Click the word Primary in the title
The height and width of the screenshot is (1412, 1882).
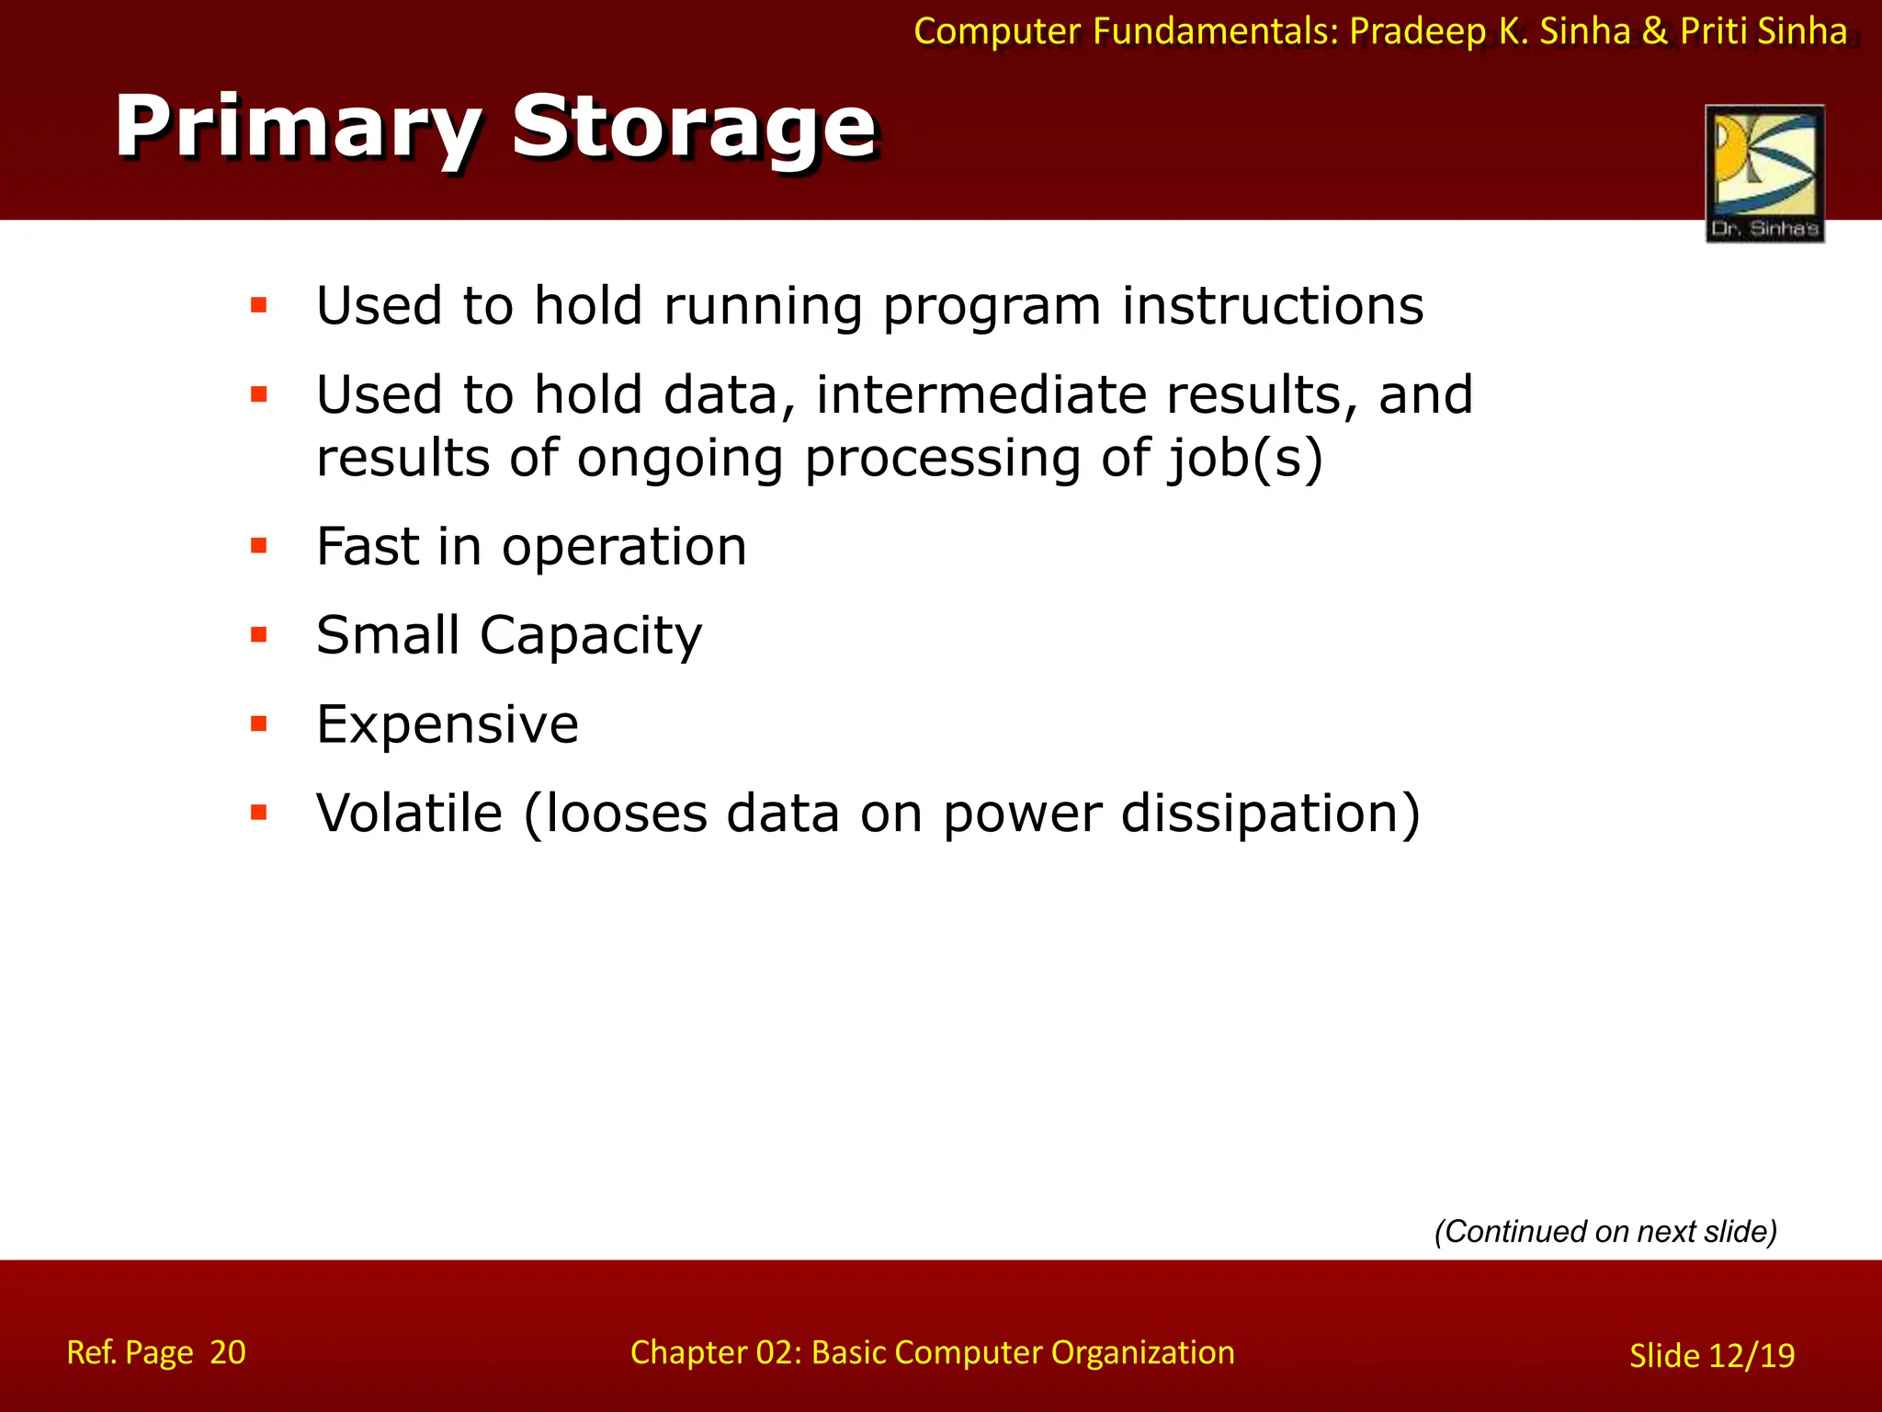296,129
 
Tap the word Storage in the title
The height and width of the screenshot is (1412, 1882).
694,129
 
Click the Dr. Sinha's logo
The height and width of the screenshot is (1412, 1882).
1764,174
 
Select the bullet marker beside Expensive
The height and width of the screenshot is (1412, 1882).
259,723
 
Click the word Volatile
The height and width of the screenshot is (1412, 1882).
409,813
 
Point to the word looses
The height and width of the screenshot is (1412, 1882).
625,813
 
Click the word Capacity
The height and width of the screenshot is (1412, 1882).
591,635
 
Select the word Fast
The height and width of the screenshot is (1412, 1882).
368,546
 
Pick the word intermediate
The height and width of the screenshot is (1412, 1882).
981,394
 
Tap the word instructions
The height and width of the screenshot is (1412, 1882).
1272,305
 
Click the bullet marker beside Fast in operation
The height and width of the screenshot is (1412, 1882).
259,546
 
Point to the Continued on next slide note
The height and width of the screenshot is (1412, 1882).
1605,1231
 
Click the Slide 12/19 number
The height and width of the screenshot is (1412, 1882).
1711,1355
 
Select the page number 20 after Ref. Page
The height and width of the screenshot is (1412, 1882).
227,1352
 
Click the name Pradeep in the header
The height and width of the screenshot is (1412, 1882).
1417,32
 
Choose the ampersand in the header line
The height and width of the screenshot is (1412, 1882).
1654,32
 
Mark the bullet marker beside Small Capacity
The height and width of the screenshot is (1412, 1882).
259,635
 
